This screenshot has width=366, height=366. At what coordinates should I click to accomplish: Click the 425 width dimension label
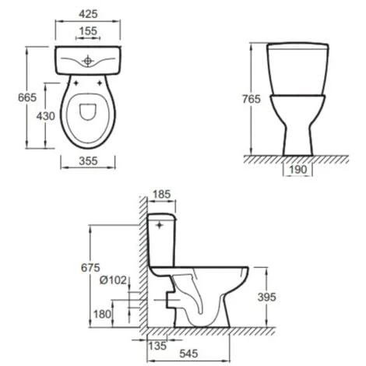coord(88,14)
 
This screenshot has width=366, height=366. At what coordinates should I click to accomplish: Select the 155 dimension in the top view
coord(88,31)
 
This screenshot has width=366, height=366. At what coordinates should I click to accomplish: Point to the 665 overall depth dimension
coord(27,97)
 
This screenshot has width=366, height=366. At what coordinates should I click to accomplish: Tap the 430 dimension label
coord(46,116)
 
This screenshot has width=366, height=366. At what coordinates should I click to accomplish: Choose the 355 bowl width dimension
coord(88,161)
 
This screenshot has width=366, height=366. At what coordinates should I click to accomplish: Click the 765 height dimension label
coord(251,99)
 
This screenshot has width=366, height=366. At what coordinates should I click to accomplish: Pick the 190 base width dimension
coord(298,170)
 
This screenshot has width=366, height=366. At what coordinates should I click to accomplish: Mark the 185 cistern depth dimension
coord(161,194)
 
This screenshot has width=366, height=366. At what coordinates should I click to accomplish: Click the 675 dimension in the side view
coord(90,268)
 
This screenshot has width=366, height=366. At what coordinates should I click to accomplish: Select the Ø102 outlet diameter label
coord(114,280)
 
